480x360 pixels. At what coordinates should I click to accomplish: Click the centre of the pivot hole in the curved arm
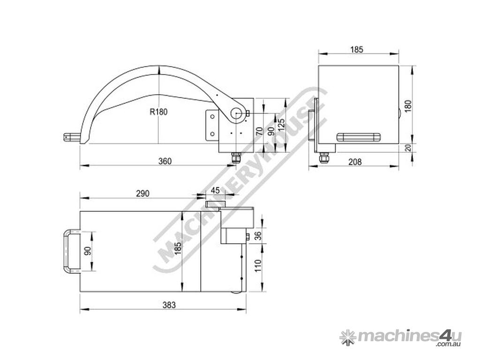(x=236, y=114)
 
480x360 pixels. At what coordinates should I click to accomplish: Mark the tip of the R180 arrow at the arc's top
(x=158, y=66)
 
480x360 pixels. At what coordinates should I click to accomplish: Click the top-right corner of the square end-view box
(x=398, y=66)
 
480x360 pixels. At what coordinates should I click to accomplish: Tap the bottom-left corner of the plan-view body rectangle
(x=80, y=291)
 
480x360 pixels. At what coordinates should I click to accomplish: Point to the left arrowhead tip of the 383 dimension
(x=80, y=309)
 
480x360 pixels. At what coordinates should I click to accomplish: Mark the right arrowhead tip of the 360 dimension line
(x=236, y=165)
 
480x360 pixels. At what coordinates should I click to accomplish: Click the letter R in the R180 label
(x=152, y=112)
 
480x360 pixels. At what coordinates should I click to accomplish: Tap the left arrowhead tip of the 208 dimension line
(x=308, y=166)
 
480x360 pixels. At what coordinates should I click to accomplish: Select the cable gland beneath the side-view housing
(x=236, y=157)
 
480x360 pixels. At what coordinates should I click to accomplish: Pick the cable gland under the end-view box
(x=323, y=157)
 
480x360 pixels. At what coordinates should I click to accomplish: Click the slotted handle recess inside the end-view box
(x=358, y=137)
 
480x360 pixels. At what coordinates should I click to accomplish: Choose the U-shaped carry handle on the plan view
(x=72, y=251)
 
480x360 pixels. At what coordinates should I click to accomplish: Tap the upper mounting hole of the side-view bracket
(x=212, y=116)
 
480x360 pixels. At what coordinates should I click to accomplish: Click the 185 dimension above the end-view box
(x=357, y=49)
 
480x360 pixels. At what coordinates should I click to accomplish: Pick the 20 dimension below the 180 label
(x=407, y=148)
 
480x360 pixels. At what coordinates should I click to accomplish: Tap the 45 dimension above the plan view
(x=215, y=190)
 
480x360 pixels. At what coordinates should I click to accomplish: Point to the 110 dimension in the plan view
(x=257, y=266)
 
